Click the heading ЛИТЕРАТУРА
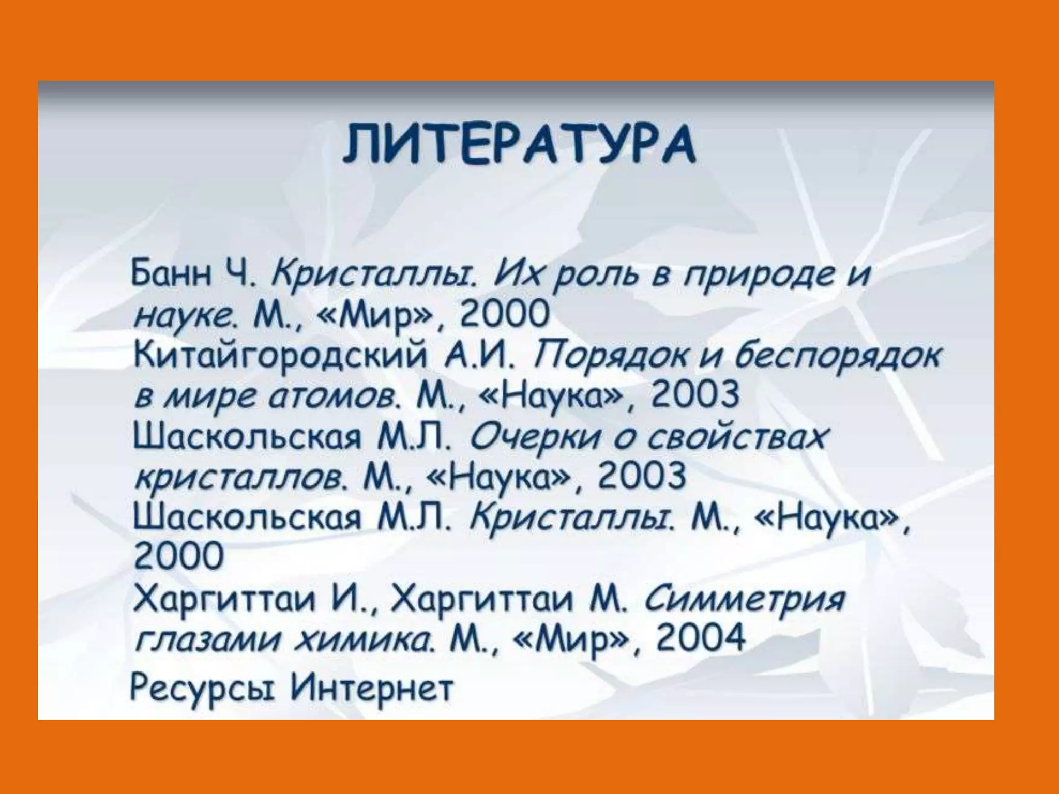coord(519,143)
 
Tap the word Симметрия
coord(745,600)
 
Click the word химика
coord(362,640)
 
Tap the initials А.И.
coord(478,355)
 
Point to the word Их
coord(517,273)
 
